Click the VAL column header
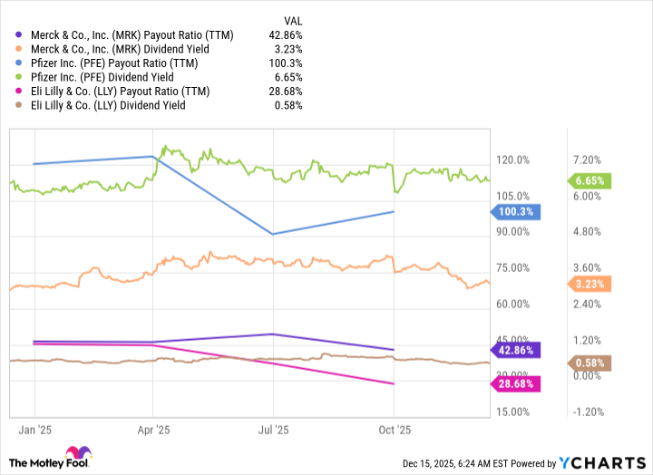[x=291, y=18]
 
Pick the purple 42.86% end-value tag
[x=514, y=350]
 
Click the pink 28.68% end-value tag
[x=514, y=385]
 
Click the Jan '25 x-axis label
[x=34, y=430]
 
